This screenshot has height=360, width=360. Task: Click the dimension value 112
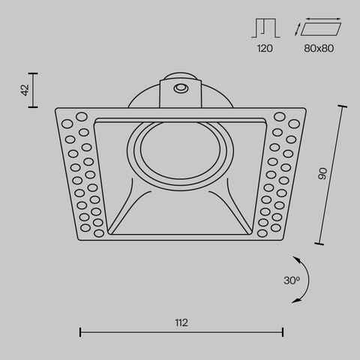181,323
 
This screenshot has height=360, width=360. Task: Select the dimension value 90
323,174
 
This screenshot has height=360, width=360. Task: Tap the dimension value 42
25,90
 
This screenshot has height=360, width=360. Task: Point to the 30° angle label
292,280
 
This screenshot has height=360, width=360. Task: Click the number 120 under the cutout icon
264,48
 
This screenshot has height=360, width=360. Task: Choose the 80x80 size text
319,48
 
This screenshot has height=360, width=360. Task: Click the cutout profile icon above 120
264,28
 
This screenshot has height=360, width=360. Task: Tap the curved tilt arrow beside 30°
305,278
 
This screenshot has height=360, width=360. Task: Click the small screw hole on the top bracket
180,89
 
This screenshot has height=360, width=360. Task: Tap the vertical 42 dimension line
34,90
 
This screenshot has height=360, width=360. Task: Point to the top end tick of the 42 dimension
34,73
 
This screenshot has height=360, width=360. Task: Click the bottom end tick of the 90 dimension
320,244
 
